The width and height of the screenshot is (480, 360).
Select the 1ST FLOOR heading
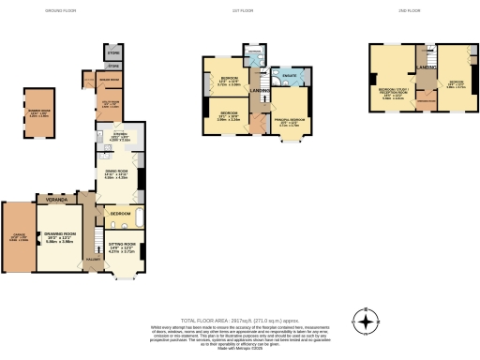point(246,10)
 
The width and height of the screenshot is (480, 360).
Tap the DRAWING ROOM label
point(62,238)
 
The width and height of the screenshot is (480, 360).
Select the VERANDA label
point(58,200)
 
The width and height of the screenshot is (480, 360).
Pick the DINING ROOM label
point(116,175)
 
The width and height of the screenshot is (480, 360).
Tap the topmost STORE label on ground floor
point(113,52)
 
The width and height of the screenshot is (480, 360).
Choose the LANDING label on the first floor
point(259,90)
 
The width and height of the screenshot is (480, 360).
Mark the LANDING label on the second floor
point(426,67)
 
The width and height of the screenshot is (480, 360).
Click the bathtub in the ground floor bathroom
point(139,219)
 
